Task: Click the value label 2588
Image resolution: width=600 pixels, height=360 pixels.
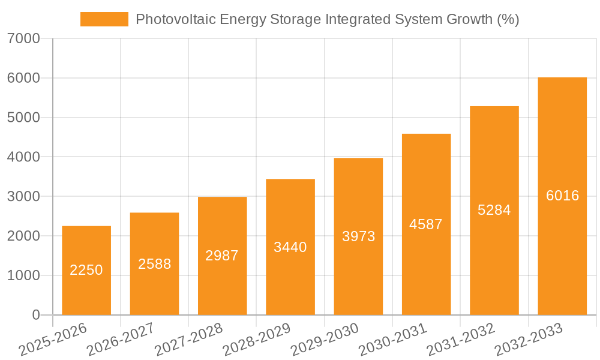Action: coord(154,264)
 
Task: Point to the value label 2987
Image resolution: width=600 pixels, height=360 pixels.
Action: coord(222,256)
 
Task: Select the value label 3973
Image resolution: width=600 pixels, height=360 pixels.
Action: coord(358,236)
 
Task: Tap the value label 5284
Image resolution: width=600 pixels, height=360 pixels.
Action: coord(494,210)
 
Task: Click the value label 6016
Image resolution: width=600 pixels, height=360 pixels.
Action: coord(562,196)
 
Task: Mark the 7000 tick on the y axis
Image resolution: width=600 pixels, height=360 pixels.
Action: coord(23,39)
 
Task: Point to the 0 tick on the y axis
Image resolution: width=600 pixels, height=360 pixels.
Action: coord(35,315)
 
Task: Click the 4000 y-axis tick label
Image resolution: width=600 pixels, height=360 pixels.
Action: coord(23,157)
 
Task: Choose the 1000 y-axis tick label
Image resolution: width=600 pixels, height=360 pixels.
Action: coord(23,275)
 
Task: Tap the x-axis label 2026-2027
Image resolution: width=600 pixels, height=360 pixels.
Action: coord(120,340)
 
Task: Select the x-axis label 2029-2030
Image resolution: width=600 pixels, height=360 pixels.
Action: coord(324,340)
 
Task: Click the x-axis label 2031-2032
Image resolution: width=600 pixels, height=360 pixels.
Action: coord(460,340)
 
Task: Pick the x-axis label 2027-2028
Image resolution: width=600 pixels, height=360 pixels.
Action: coord(188,340)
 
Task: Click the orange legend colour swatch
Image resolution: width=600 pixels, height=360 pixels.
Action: coord(104,19)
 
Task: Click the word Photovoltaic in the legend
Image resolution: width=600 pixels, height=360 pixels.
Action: coord(173,19)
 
